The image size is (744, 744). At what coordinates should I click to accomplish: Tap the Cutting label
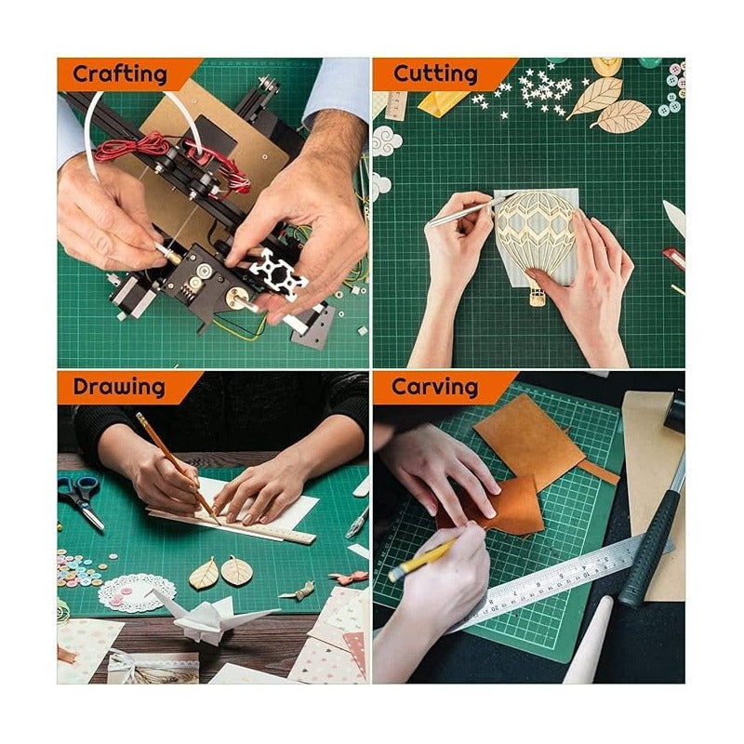click(434, 74)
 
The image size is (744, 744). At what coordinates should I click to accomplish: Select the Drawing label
click(118, 387)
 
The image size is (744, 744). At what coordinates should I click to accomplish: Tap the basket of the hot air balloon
click(538, 297)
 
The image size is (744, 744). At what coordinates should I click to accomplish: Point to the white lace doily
click(136, 592)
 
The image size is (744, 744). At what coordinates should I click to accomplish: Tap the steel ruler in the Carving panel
click(558, 581)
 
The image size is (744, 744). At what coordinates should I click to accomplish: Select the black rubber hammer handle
click(651, 549)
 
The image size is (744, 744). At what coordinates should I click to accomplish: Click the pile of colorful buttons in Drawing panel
click(82, 566)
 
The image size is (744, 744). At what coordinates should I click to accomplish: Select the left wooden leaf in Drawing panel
click(204, 574)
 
